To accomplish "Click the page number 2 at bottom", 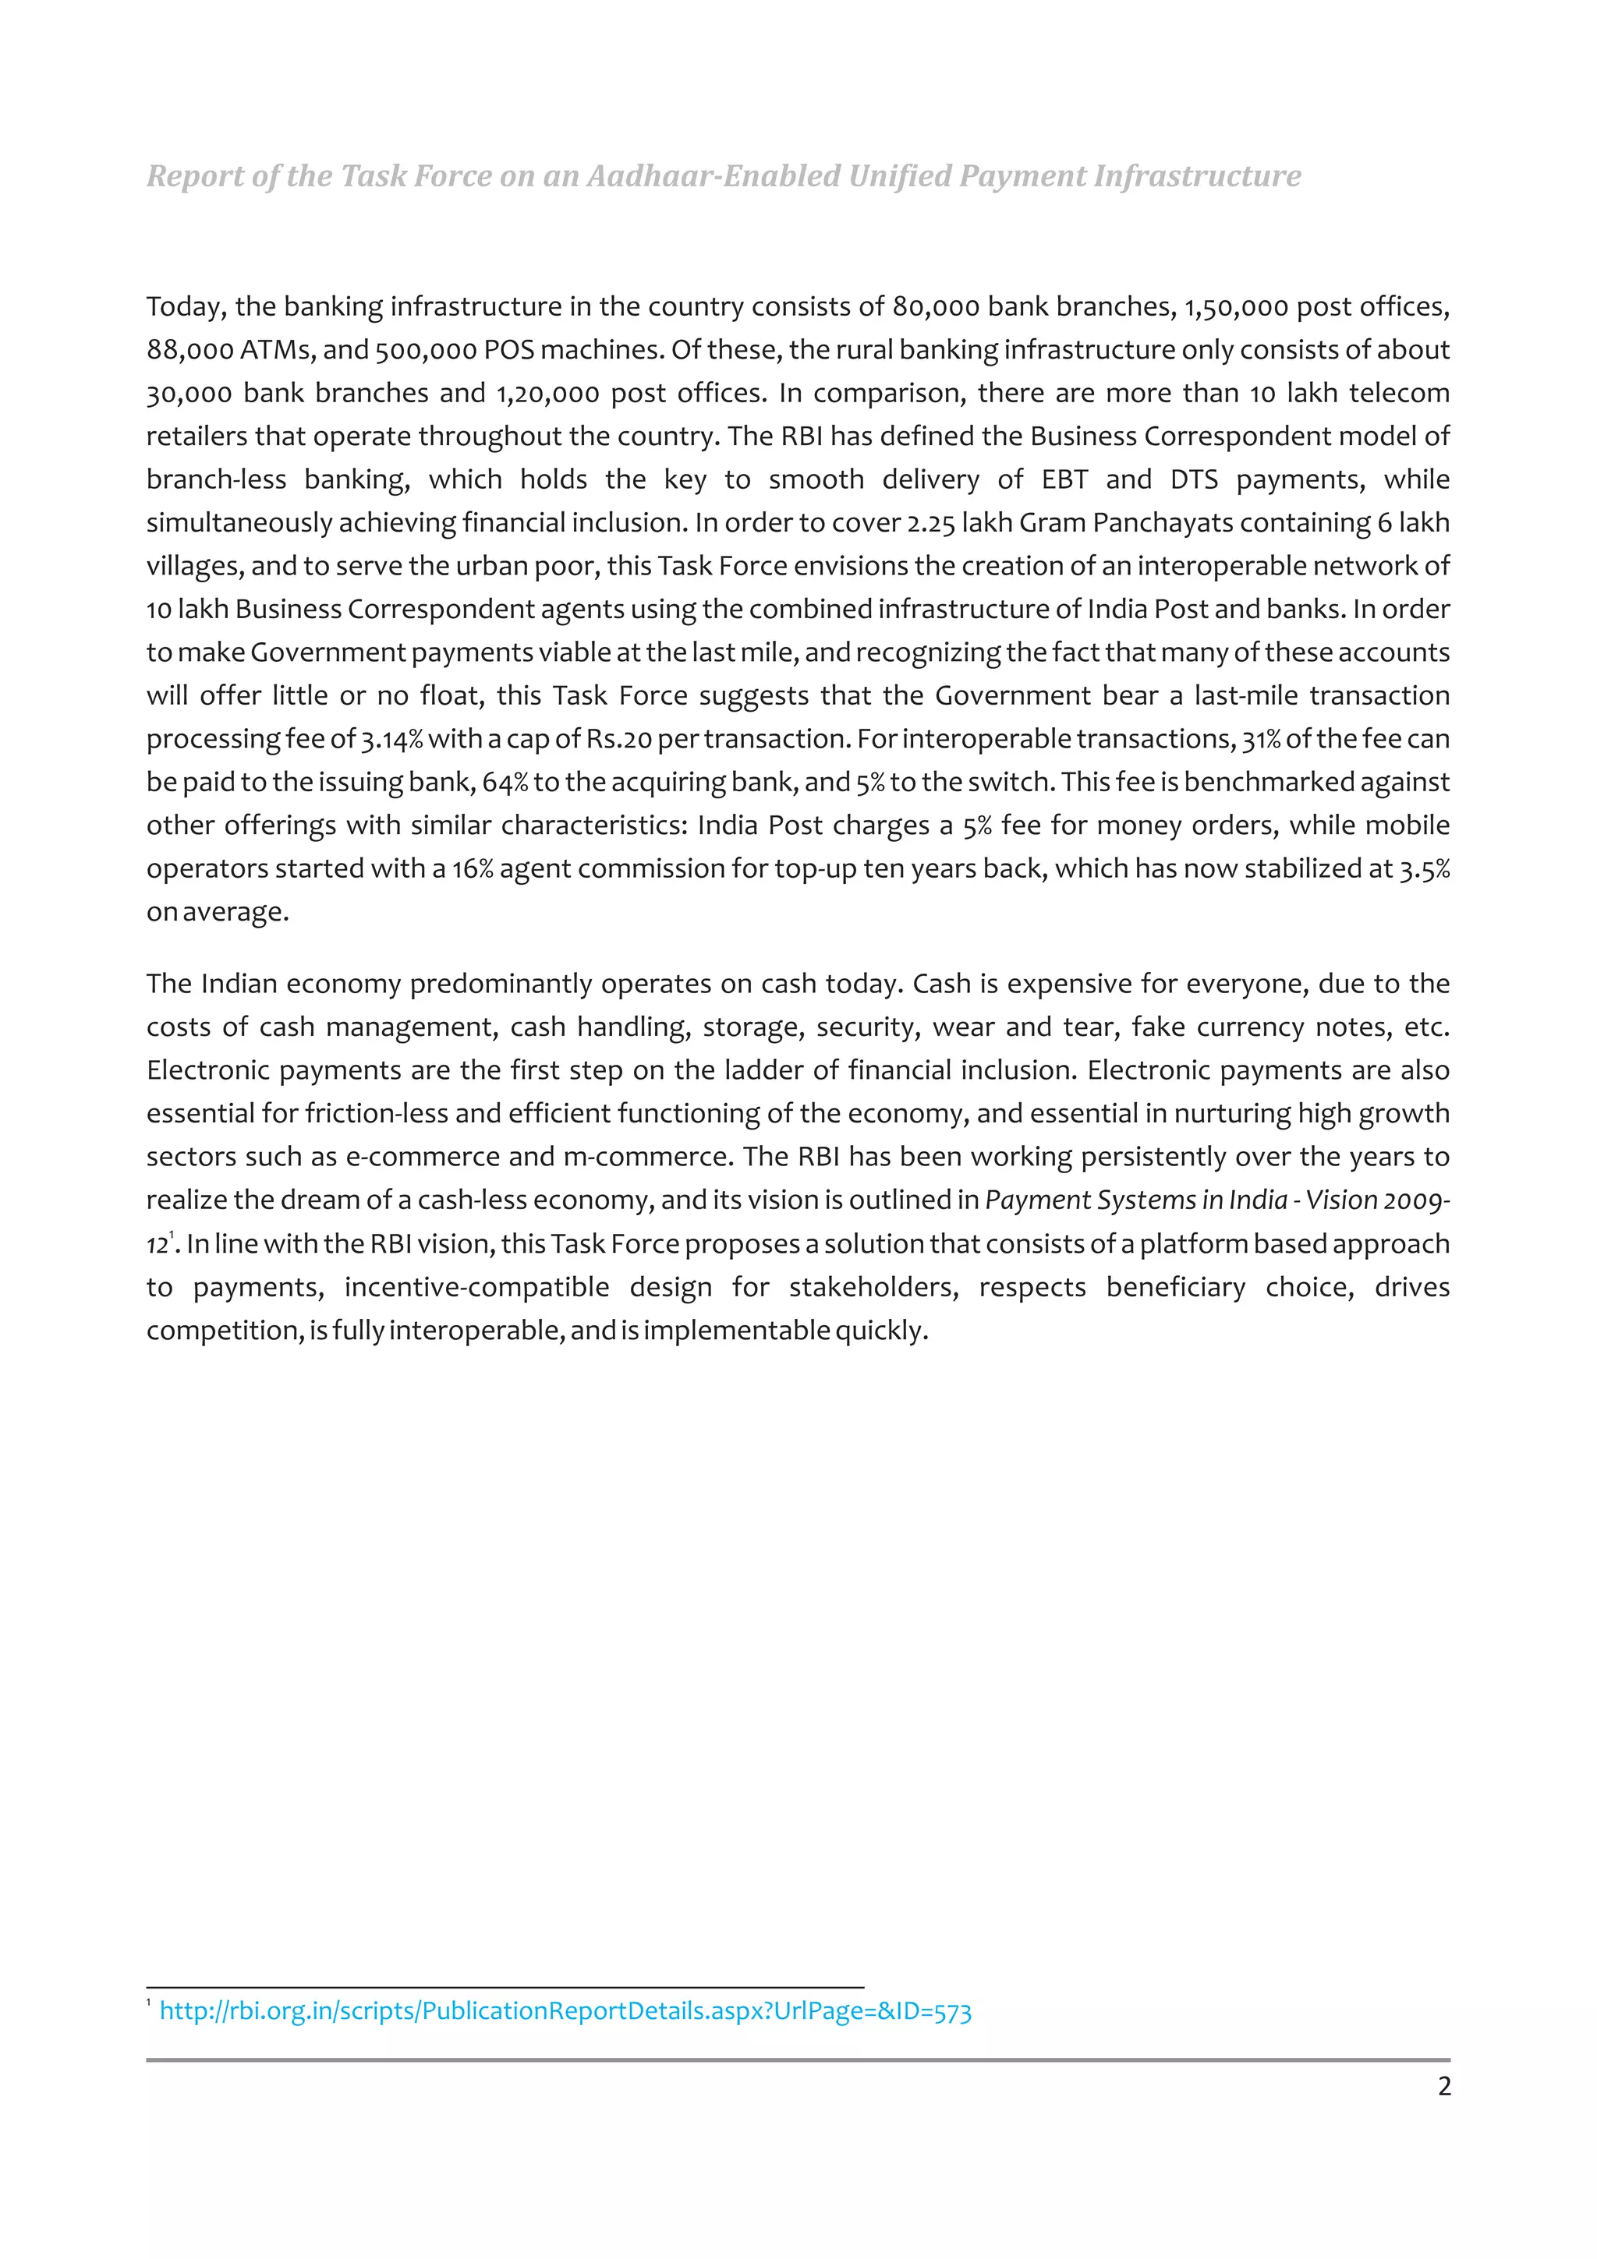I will point(1443,2086).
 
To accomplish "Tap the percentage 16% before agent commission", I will point(473,869).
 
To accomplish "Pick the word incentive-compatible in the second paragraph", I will point(476,1287).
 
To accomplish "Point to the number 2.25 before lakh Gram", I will point(930,523).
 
